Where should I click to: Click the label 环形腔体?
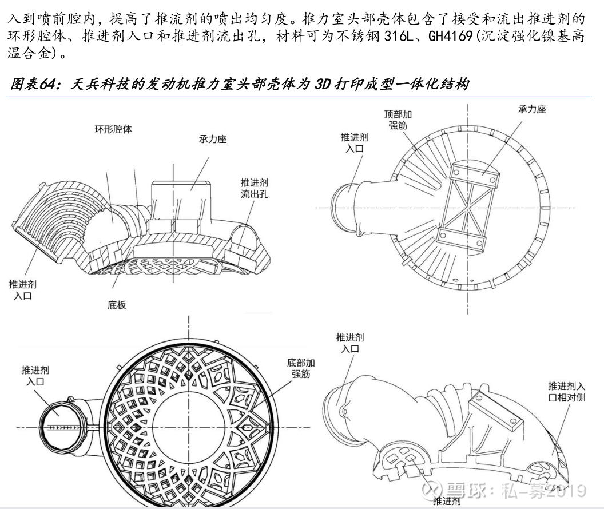(113, 129)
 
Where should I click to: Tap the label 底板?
(116, 304)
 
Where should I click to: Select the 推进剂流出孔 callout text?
(254, 188)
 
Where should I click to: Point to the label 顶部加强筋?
(398, 120)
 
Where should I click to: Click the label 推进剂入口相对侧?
(566, 391)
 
